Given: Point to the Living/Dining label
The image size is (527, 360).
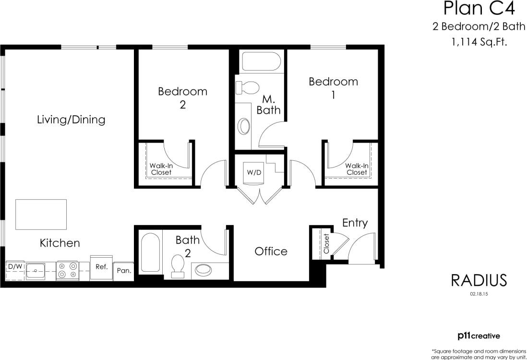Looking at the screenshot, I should (71, 120).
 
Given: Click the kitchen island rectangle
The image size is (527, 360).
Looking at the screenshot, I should (41, 214).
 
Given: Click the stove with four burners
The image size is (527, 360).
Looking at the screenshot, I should (67, 270).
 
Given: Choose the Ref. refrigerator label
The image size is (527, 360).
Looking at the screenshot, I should (101, 267).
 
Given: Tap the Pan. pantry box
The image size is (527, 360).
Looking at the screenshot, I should (124, 271).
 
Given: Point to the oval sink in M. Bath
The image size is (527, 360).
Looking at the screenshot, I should (244, 127).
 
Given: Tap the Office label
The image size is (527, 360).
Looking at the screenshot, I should (271, 251).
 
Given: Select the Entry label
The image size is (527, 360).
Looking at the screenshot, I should (355, 223).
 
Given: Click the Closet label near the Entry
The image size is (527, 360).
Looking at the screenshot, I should (326, 244).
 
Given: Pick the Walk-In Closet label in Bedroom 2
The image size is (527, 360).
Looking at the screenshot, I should (161, 169).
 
